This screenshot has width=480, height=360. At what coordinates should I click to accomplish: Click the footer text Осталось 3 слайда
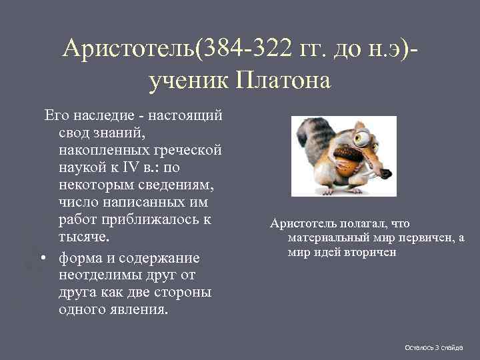434,347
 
